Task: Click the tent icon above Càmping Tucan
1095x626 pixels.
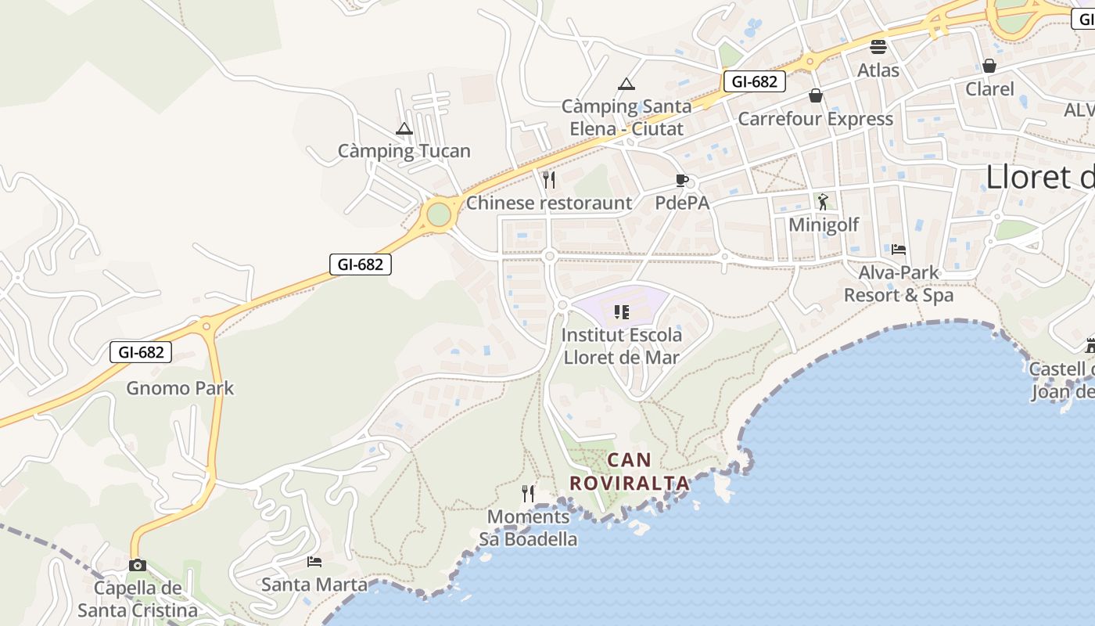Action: point(404,128)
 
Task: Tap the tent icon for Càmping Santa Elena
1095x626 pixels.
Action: point(626,84)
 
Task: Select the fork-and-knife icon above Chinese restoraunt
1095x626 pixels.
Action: point(549,180)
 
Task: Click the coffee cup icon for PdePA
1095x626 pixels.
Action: point(682,181)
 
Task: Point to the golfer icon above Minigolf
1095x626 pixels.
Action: point(823,202)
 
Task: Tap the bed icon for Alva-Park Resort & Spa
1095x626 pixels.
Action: point(899,250)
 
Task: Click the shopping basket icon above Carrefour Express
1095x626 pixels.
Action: point(816,95)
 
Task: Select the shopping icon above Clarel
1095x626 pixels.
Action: point(989,66)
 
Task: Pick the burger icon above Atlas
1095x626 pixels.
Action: point(878,47)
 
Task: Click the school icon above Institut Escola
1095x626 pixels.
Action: point(622,313)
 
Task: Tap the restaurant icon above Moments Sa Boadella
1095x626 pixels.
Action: point(529,494)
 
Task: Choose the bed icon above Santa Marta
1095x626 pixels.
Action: point(314,562)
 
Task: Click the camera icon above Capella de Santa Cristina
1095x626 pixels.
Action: point(138,565)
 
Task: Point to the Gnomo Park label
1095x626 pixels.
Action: point(180,388)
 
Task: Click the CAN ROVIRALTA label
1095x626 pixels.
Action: point(630,472)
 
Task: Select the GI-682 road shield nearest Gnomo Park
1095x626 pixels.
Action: point(141,352)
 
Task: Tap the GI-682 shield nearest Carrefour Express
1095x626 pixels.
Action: point(754,81)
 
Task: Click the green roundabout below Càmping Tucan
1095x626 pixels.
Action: point(439,214)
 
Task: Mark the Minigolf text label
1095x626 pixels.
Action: point(824,225)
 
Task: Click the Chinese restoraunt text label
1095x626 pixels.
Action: point(549,203)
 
